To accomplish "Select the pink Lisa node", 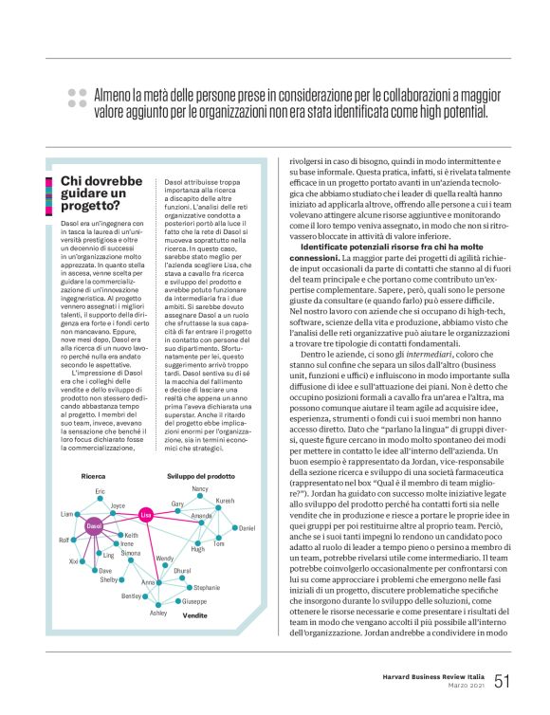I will [145, 514].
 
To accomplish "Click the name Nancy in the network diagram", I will [199, 489].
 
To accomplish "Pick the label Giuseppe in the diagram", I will [194, 601].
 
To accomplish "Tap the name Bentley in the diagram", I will [133, 596].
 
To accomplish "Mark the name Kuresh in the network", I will [225, 500].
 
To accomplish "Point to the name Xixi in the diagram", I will [73, 561].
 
